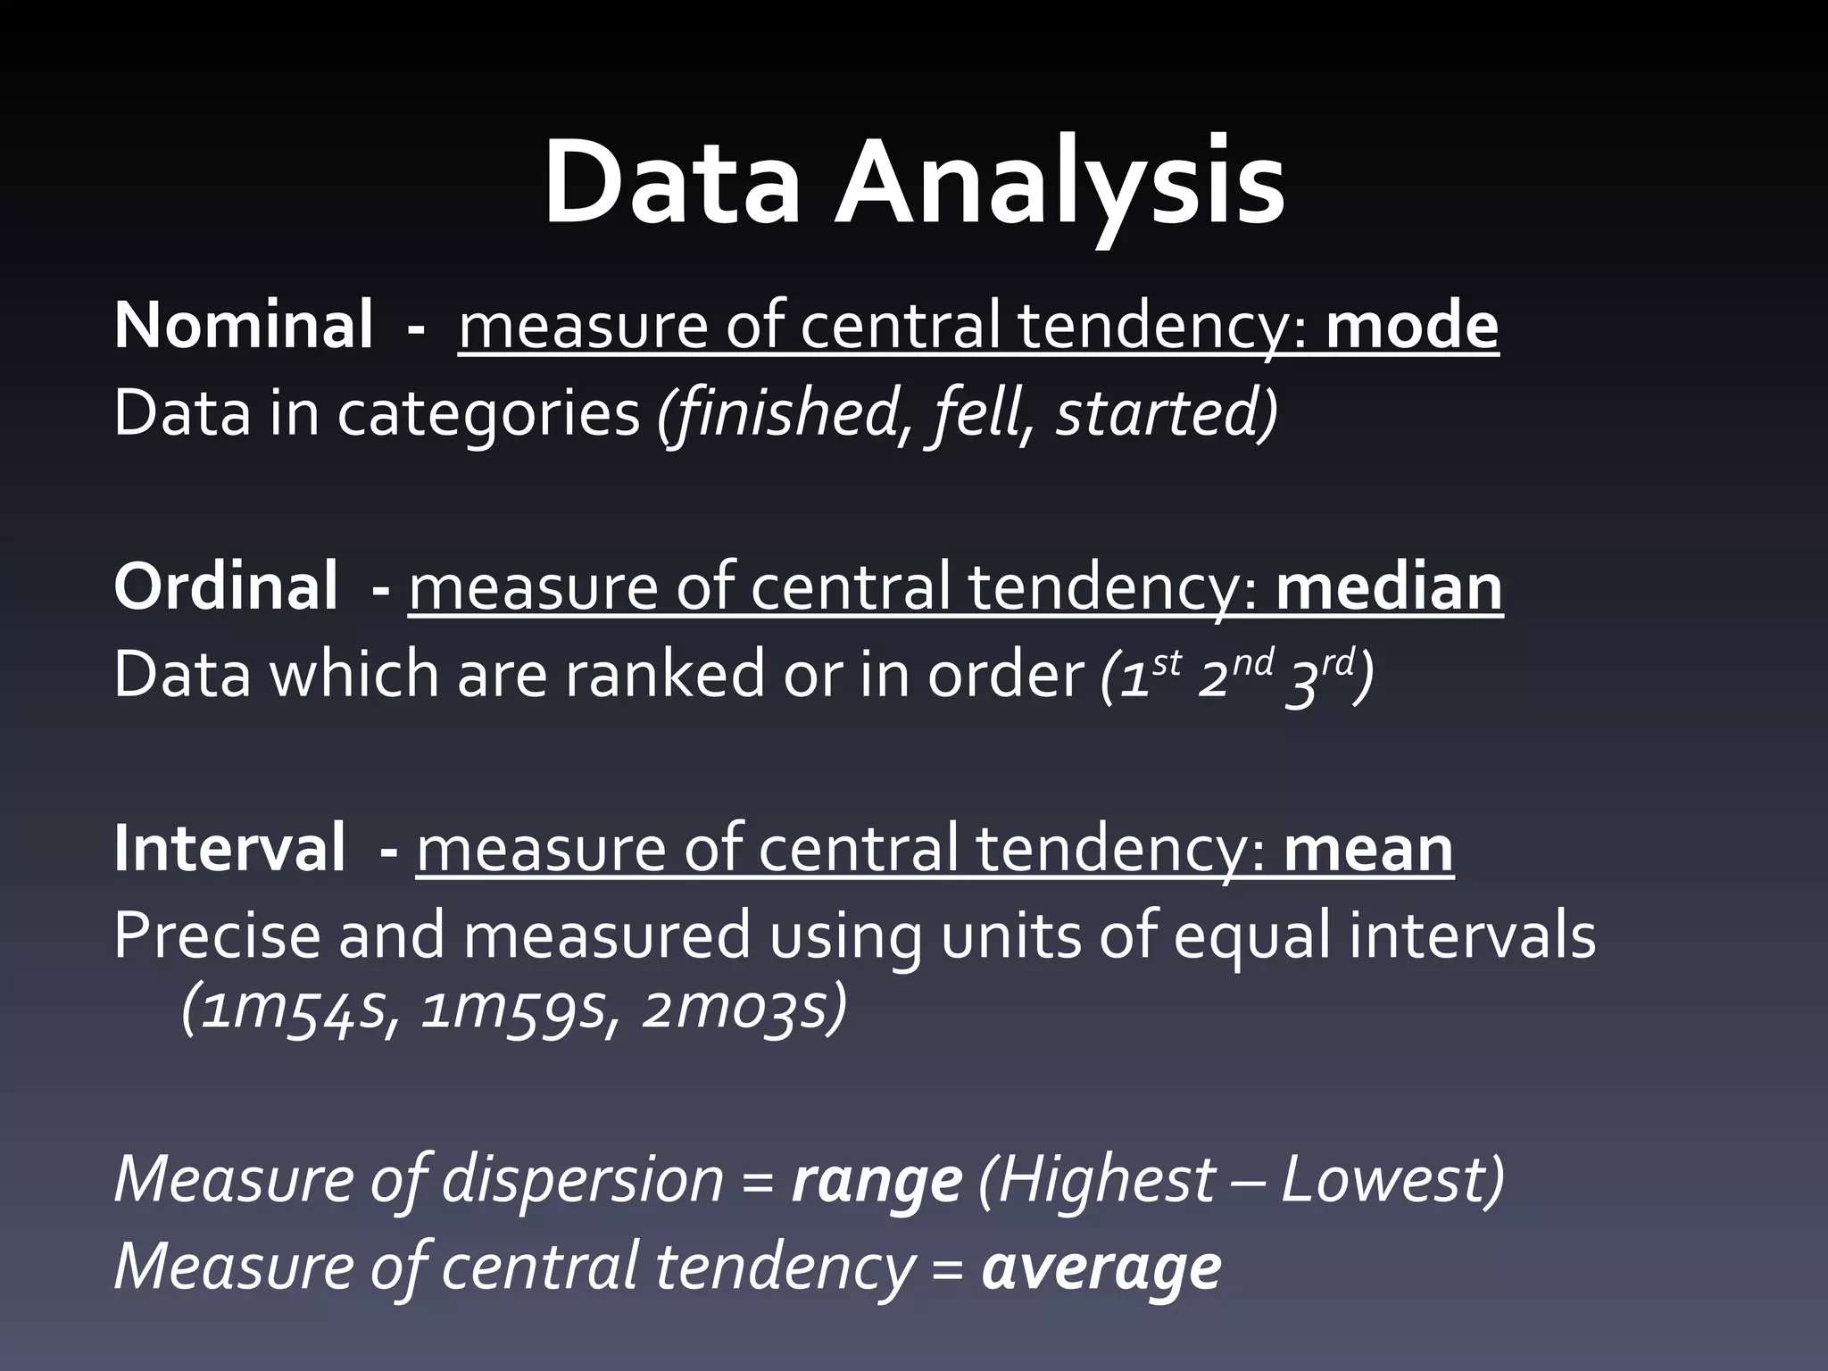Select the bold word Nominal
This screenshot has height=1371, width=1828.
click(243, 326)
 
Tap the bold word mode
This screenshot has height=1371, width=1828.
click(1411, 326)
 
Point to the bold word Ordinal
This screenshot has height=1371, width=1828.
click(225, 586)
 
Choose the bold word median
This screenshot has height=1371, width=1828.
click(1389, 586)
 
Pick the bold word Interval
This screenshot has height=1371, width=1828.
click(228, 849)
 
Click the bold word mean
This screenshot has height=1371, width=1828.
click(1368, 849)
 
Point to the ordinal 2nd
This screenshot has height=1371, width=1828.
click(1233, 675)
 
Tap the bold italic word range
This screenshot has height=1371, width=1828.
click(877, 1180)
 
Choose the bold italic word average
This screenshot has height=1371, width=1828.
click(1101, 1267)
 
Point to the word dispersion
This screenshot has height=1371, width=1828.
click(582, 1180)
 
